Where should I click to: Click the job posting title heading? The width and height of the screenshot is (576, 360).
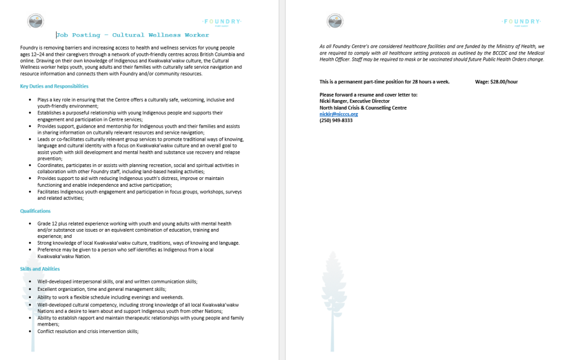pos(132,35)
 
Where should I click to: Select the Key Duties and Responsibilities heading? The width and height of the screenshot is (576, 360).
pos(54,86)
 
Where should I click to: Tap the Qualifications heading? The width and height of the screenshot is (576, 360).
pos(35,211)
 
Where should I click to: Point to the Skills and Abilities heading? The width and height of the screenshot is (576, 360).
pos(40,269)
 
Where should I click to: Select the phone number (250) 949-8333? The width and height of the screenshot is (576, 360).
pos(336,120)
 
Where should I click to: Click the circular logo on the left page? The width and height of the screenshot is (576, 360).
pos(35,22)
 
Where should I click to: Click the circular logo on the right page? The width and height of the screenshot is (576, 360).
pos(335,22)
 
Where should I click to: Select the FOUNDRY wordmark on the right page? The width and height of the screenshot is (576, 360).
pos(521,22)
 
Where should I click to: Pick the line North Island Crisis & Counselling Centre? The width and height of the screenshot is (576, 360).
pos(363,108)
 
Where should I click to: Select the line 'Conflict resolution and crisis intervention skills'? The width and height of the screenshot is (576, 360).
pos(88,331)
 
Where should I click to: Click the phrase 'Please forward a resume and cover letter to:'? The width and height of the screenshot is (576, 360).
pos(368,95)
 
